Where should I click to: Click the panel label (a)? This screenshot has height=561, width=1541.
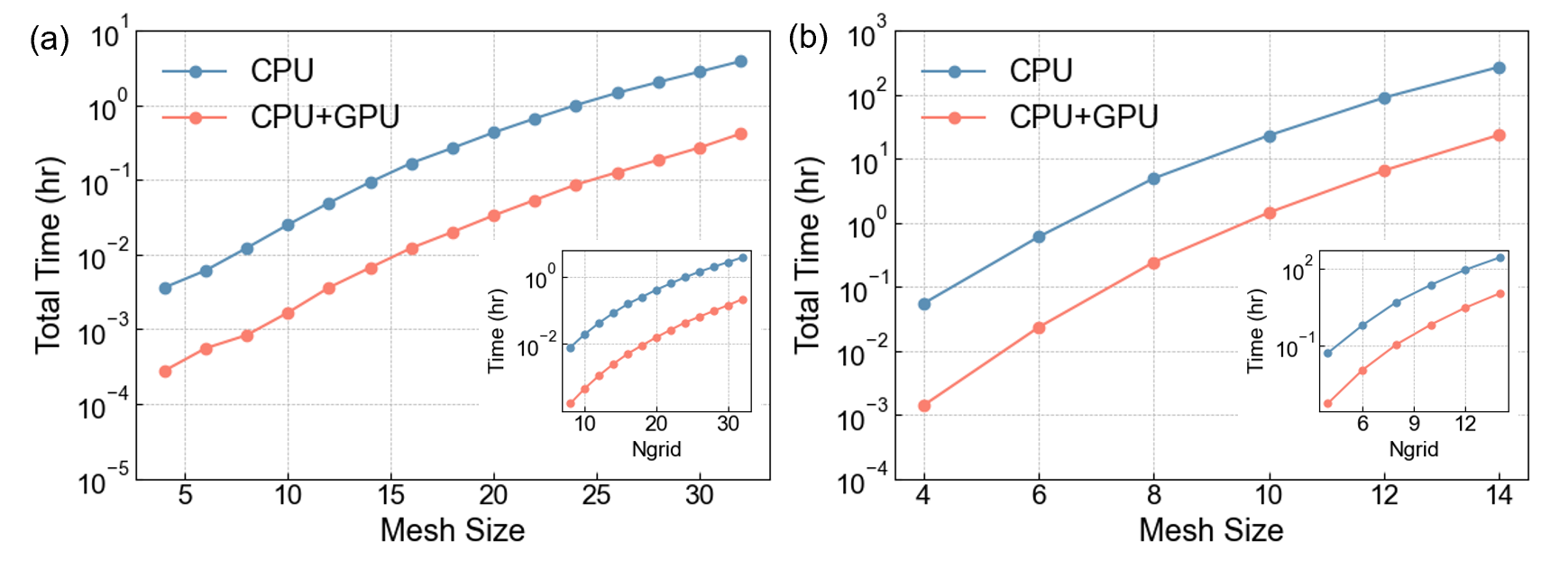tap(50, 40)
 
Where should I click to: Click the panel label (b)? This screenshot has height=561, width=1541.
tap(808, 40)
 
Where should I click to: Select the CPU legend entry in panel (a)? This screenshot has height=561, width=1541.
tap(281, 71)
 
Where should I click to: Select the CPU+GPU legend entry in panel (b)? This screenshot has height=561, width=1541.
tap(1083, 117)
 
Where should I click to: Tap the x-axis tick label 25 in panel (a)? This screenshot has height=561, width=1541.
tap(596, 495)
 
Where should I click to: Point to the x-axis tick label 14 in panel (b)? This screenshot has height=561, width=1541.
tap(1500, 495)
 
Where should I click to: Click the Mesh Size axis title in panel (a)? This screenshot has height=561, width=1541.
tap(453, 530)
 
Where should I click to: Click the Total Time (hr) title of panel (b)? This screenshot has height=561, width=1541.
tap(808, 255)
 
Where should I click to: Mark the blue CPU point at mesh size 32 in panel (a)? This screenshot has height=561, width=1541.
tap(741, 61)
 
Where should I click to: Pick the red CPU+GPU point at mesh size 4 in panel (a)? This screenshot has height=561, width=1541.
tap(165, 372)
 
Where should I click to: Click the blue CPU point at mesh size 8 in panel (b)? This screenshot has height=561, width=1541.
tap(1153, 179)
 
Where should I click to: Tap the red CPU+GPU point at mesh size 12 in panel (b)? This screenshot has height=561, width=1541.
tap(1384, 170)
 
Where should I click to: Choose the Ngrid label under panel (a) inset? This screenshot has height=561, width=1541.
tap(656, 449)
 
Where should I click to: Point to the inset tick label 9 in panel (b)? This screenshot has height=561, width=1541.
tap(1414, 424)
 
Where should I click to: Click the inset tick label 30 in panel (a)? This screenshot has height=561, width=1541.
tap(728, 424)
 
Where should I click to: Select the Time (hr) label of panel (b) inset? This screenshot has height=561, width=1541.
tap(1255, 331)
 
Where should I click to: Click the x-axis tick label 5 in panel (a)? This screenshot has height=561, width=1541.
tap(185, 495)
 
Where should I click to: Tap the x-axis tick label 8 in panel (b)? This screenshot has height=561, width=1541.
tap(1153, 495)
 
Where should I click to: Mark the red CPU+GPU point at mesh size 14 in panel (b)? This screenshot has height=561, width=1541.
tap(1500, 135)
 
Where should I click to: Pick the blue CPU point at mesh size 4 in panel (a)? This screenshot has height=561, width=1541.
tap(165, 289)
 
